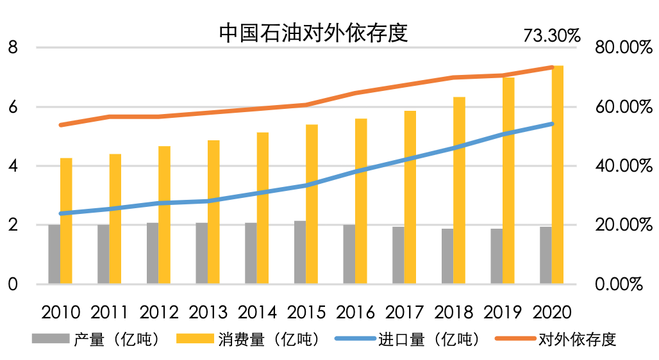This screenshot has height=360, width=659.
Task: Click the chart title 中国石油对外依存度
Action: pyautogui.click(x=313, y=32)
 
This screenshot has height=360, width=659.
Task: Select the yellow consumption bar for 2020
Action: pyautogui.click(x=558, y=174)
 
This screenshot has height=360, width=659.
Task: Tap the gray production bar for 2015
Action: pyautogui.click(x=300, y=252)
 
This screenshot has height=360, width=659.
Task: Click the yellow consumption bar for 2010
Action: pyautogui.click(x=67, y=220)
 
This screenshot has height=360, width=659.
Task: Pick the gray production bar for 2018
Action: pyautogui.click(x=447, y=256)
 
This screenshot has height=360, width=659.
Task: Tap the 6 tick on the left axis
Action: pyautogui.click(x=13, y=107)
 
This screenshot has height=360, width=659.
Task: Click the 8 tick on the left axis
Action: pyautogui.click(x=13, y=47)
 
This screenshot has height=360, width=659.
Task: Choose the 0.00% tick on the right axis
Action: pyautogui.click(x=619, y=284)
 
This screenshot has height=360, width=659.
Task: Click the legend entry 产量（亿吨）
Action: pyautogui.click(x=116, y=339)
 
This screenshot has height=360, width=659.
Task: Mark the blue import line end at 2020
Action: pyautogui.click(x=552, y=124)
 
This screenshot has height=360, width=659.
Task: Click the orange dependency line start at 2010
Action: pyautogui.click(x=61, y=125)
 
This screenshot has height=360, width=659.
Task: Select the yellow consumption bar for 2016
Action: pyautogui.click(x=362, y=201)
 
